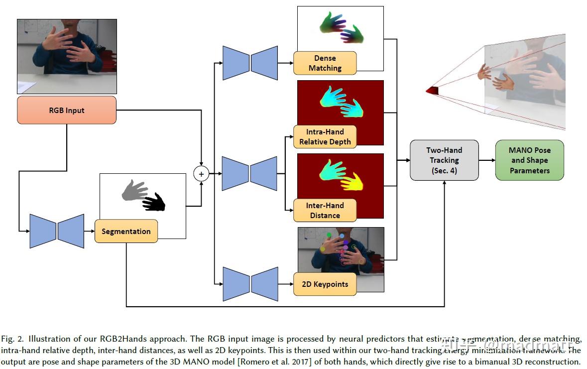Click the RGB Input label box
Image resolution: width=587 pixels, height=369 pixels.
tap(67, 110)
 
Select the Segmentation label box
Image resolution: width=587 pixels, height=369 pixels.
tap(126, 231)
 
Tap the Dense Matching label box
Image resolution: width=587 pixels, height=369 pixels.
tap(325, 63)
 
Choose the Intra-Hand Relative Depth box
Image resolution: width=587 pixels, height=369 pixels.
tap(325, 137)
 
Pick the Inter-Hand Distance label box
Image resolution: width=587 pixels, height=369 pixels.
tap(325, 211)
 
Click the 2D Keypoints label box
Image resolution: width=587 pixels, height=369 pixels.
tap(325, 284)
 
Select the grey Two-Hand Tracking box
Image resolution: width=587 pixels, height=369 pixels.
tap(444, 160)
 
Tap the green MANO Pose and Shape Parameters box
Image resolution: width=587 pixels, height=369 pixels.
tap(529, 160)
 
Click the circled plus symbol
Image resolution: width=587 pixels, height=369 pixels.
tap(201, 174)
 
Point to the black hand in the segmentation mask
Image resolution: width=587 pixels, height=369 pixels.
tap(155, 202)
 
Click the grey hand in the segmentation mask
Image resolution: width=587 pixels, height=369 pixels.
tap(133, 190)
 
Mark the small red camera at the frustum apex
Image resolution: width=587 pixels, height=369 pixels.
tap(432, 90)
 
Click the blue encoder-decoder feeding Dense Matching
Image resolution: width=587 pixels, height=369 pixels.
tap(250, 63)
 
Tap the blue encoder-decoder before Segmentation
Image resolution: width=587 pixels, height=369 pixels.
tap(57, 231)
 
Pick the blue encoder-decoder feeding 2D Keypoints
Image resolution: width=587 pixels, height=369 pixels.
tap(250, 284)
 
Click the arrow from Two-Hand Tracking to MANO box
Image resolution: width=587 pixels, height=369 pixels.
tap(486, 160)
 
